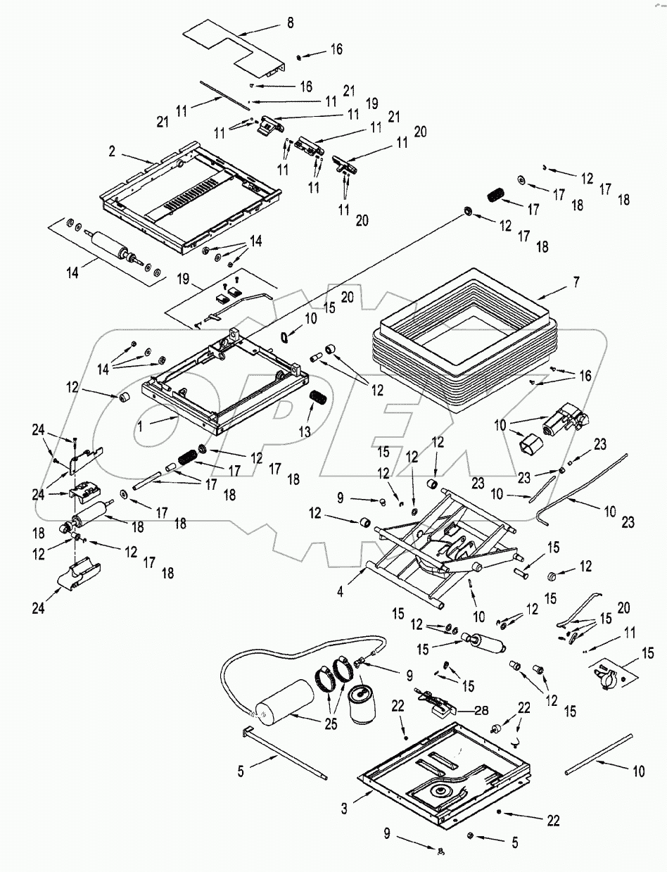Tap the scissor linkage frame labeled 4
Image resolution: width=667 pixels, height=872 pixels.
pos(436,549)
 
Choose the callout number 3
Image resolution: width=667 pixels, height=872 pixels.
pos(343,809)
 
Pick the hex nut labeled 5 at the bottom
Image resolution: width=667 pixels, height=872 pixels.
pos(470,835)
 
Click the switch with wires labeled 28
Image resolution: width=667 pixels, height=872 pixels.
pos(436,704)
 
